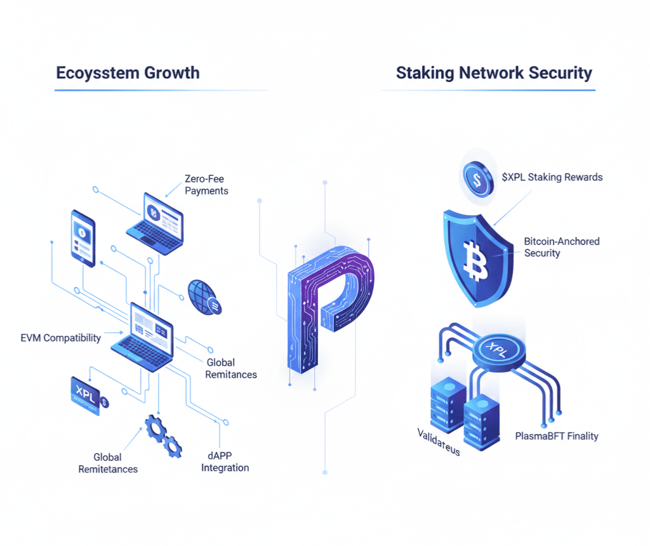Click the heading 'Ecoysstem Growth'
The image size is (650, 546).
pyautogui.click(x=128, y=72)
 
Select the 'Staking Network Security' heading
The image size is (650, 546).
pyautogui.click(x=494, y=72)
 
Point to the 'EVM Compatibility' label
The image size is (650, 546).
pyautogui.click(x=60, y=338)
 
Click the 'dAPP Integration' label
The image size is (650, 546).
pyautogui.click(x=225, y=462)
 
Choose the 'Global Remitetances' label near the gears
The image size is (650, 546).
pyautogui.click(x=108, y=463)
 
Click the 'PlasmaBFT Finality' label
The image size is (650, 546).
pyautogui.click(x=557, y=436)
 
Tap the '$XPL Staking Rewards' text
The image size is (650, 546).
pyautogui.click(x=552, y=177)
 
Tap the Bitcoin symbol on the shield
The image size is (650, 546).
pyautogui.click(x=473, y=260)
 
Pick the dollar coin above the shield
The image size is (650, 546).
pyautogui.click(x=477, y=178)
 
